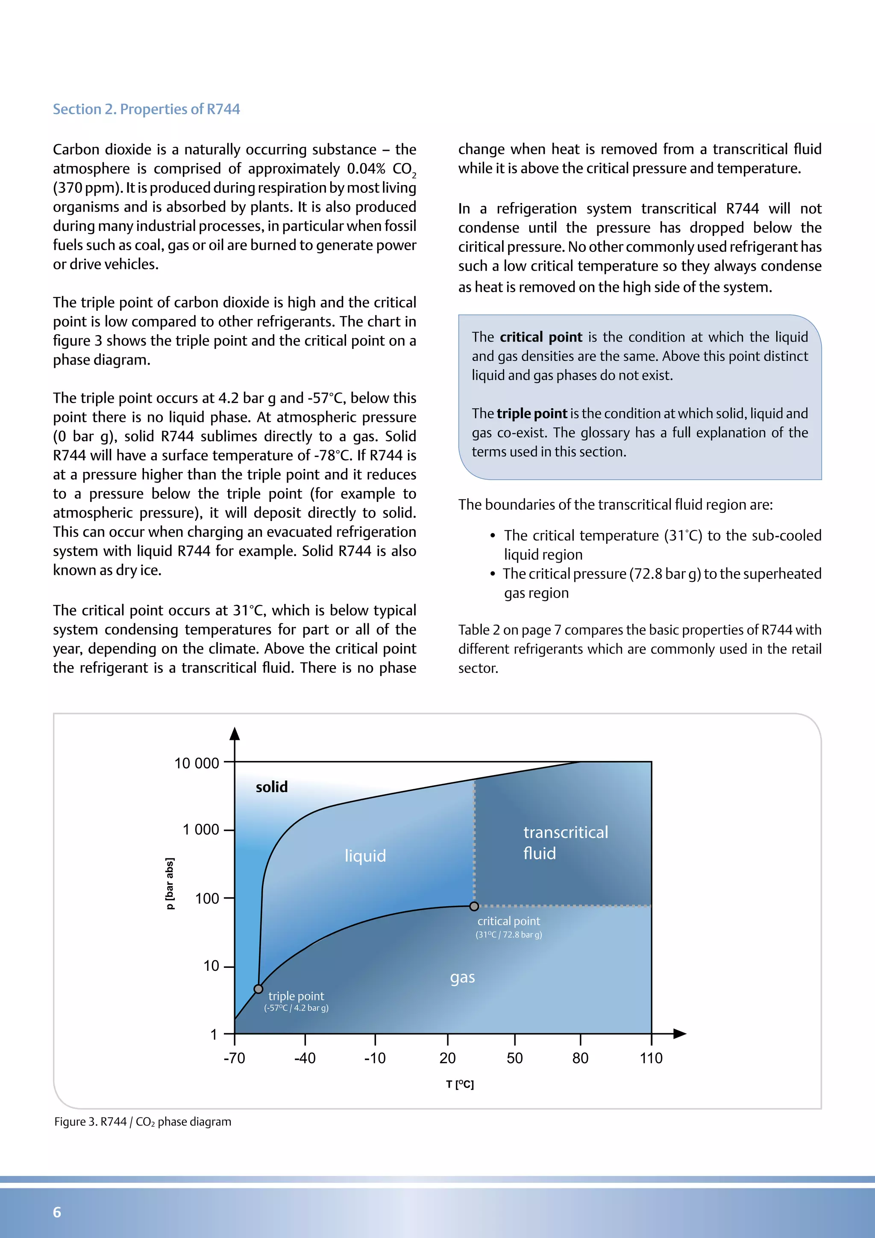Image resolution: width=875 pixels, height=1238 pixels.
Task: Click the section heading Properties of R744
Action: click(146, 109)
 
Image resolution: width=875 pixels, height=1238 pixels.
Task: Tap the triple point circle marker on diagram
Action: click(258, 989)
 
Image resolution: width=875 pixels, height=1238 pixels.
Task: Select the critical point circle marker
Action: click(474, 906)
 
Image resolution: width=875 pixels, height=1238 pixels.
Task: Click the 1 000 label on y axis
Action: click(200, 830)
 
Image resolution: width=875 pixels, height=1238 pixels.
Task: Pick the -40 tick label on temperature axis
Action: click(305, 1058)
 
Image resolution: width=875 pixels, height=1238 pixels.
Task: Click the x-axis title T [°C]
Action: click(460, 1085)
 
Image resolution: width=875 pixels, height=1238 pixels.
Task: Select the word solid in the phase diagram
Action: click(272, 787)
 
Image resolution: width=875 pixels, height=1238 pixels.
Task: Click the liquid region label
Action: click(365, 856)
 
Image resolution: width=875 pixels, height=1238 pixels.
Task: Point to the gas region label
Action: click(462, 977)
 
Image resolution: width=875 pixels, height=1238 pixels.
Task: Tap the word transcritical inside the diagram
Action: click(566, 832)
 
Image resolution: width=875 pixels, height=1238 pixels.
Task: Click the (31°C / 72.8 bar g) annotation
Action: click(508, 935)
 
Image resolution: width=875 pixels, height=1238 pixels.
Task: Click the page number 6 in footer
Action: click(57, 1212)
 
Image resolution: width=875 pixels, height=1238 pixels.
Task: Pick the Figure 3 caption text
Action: click(143, 1122)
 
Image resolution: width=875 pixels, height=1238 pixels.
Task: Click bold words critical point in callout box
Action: click(541, 337)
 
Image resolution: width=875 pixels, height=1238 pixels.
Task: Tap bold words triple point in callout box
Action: click(532, 413)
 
